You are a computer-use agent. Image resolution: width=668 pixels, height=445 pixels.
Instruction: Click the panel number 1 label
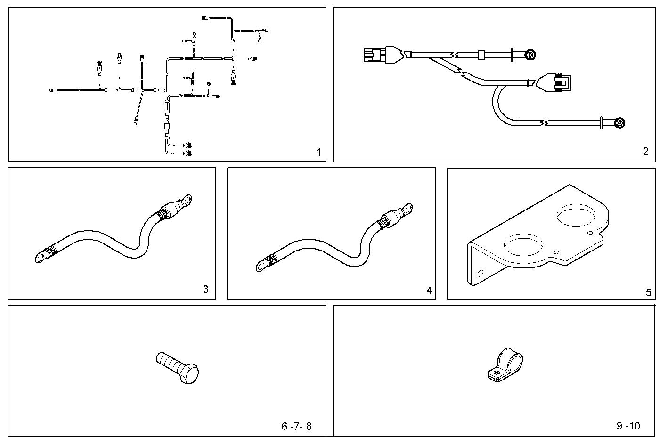(318, 152)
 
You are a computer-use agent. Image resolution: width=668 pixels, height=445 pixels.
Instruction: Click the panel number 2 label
(645, 151)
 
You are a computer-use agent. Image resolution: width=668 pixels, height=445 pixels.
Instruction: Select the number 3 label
(205, 289)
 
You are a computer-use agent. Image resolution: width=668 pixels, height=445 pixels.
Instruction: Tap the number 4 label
(429, 291)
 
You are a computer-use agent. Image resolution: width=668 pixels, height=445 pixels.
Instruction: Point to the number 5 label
(648, 292)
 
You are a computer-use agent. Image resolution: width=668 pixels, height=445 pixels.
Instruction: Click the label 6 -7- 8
(296, 426)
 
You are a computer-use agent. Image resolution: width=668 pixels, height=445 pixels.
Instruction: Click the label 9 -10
(628, 426)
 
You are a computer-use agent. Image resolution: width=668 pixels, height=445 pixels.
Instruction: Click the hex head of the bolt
(188, 374)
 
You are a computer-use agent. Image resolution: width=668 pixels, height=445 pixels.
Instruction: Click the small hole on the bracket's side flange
(480, 273)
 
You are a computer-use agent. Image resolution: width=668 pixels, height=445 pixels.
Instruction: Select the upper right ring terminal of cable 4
(406, 208)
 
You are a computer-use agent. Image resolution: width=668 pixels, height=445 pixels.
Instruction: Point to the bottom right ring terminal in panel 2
(620, 124)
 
